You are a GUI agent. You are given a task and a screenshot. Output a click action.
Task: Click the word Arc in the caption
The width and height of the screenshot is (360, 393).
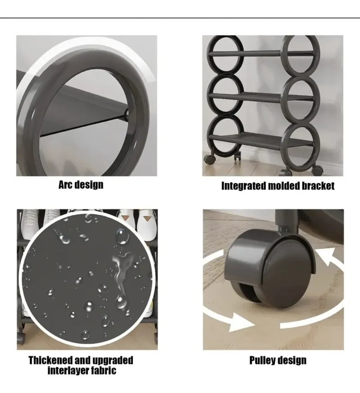tap(66, 185)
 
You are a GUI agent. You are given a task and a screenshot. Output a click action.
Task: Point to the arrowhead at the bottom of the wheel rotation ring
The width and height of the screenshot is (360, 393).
tap(241, 322)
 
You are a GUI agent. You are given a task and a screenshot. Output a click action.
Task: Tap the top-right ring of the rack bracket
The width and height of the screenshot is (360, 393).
tap(301, 56)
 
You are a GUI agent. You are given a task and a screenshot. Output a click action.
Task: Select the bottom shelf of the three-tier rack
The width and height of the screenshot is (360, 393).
tap(261, 141)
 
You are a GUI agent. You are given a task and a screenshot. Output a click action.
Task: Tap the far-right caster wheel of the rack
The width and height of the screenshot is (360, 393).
tap(317, 170)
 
